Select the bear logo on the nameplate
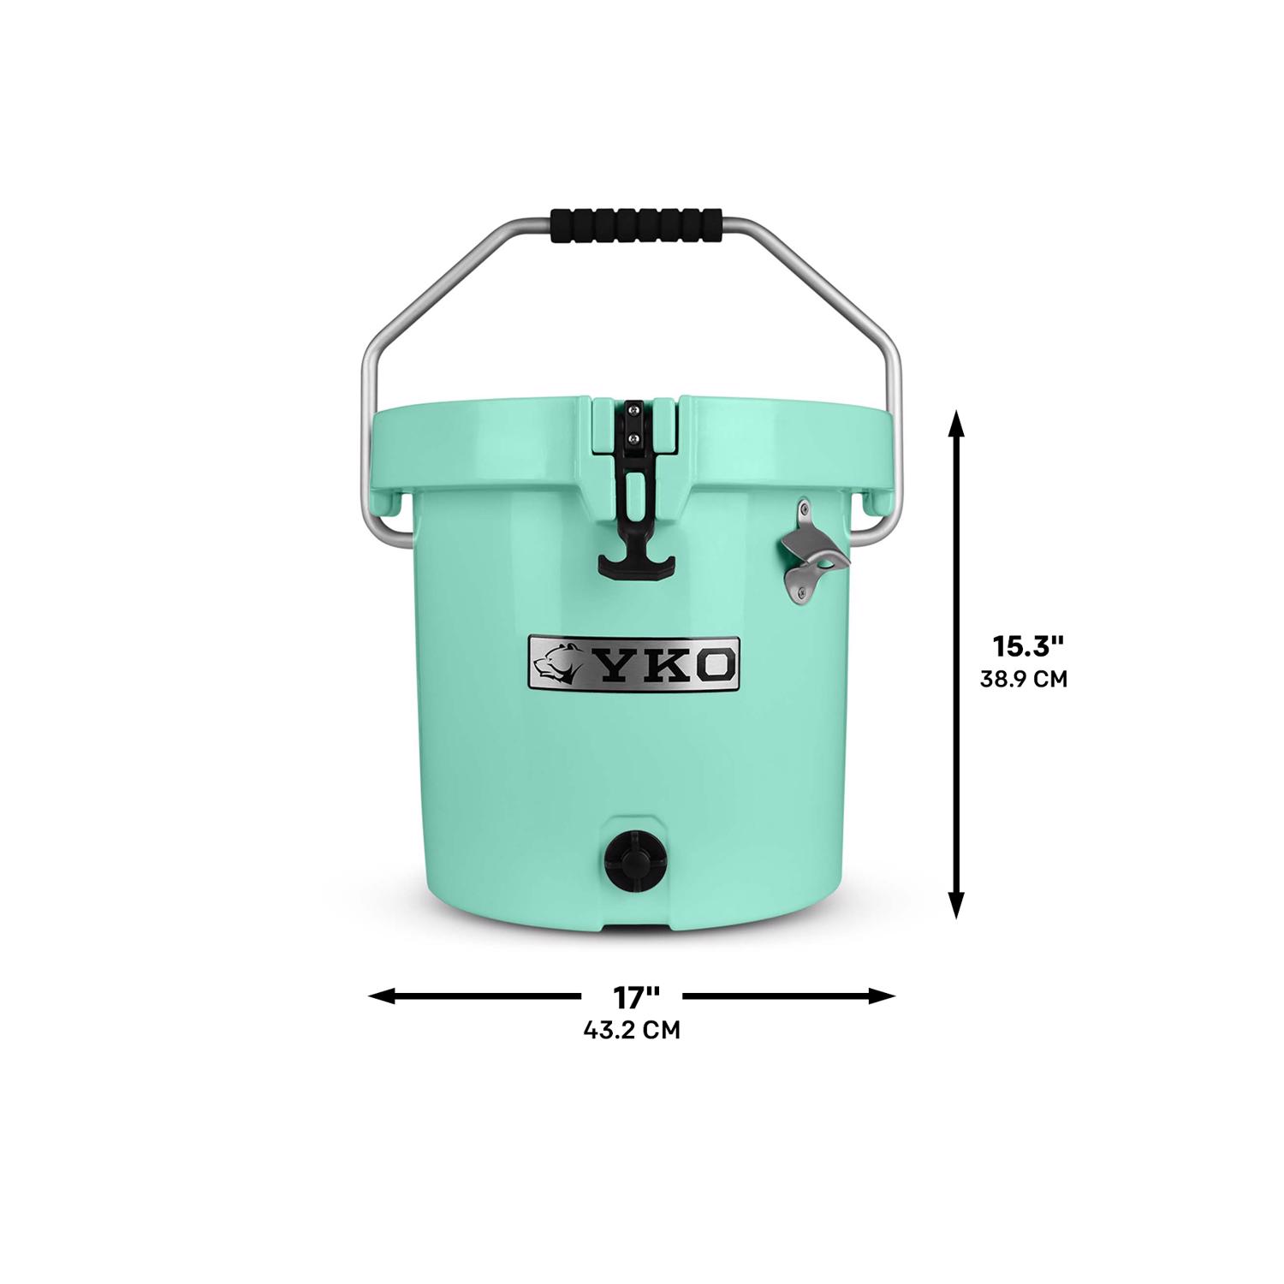point(560,662)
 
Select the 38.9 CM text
point(1023,680)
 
